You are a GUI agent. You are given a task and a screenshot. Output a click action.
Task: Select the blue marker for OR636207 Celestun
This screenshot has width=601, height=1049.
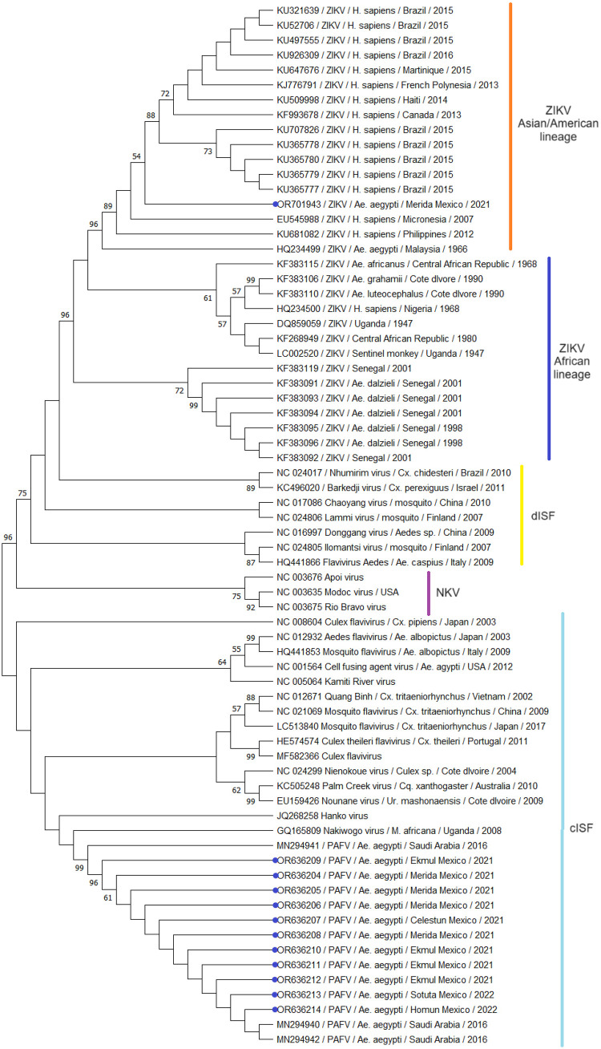click(275, 919)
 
